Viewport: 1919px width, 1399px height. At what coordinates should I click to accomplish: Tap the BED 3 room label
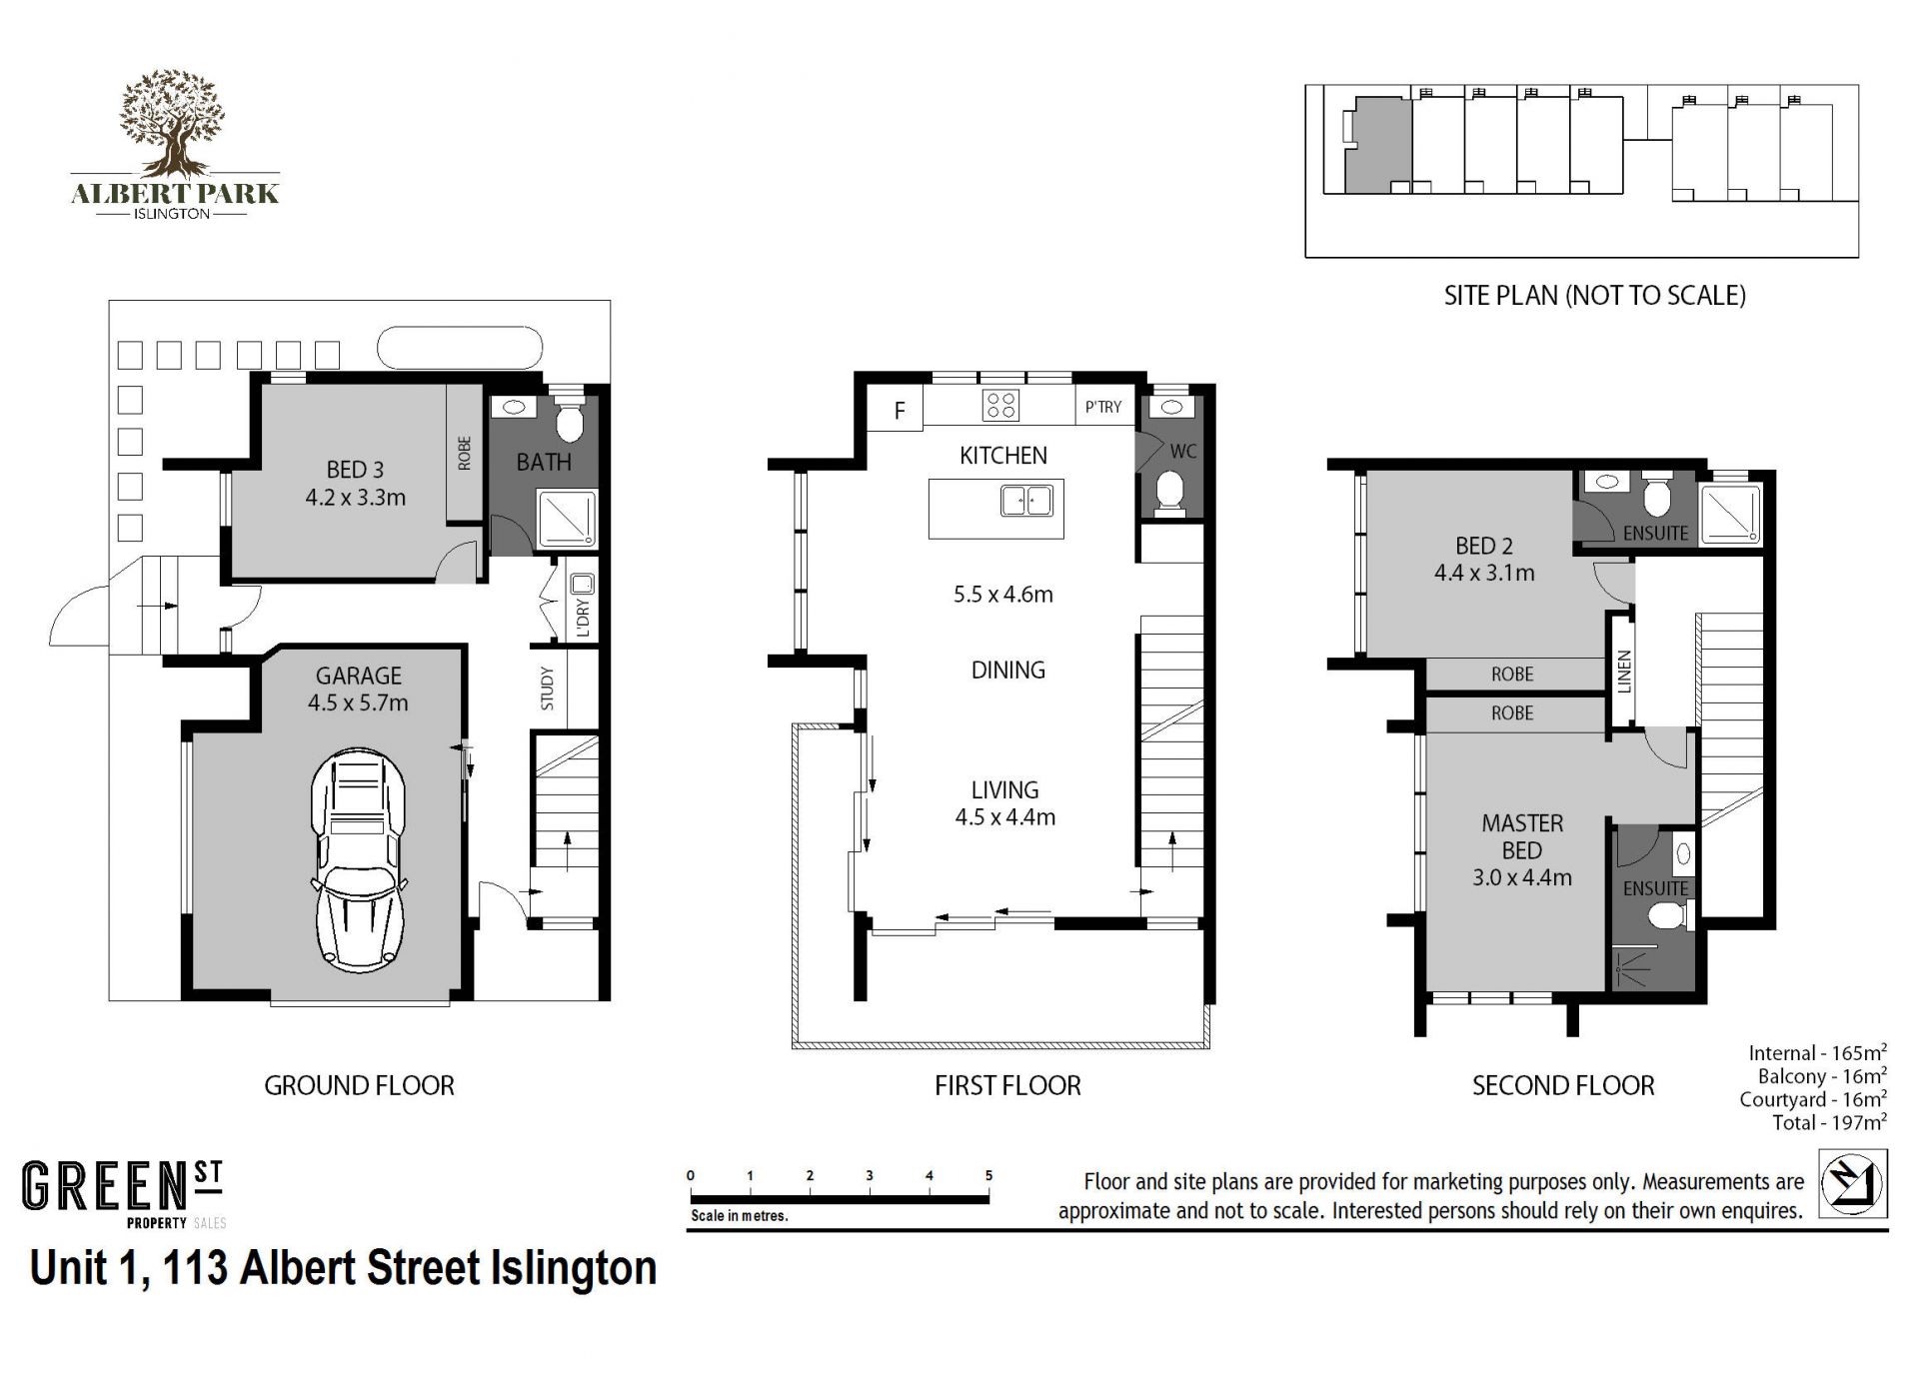(355, 484)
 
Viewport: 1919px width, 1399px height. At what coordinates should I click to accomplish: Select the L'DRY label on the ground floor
(584, 619)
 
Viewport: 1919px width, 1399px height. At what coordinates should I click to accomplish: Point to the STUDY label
(547, 689)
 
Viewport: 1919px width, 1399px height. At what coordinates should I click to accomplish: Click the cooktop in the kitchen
(1000, 406)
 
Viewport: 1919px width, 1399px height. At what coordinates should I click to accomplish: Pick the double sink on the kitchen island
(1026, 500)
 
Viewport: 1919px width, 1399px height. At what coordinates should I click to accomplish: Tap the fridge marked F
(900, 410)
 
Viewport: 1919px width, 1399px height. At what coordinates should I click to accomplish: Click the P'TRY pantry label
(1103, 407)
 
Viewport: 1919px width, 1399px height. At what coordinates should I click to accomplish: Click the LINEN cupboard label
(1624, 672)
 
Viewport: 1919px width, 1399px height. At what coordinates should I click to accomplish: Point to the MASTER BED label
(1522, 837)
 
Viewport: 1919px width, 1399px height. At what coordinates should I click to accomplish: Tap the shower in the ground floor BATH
(568, 519)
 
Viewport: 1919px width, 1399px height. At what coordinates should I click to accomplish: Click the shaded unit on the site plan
(1376, 146)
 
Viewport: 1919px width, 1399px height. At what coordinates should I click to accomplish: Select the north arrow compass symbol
(1852, 1183)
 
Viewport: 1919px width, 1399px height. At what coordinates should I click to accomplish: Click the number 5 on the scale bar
(988, 1175)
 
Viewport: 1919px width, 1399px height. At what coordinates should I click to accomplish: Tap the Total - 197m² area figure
(1829, 1122)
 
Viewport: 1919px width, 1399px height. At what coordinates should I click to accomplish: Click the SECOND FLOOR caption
(1563, 1085)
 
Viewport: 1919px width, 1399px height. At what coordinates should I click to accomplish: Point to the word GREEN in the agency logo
(106, 1187)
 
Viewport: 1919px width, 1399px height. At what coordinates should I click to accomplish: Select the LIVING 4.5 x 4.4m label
(1004, 803)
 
